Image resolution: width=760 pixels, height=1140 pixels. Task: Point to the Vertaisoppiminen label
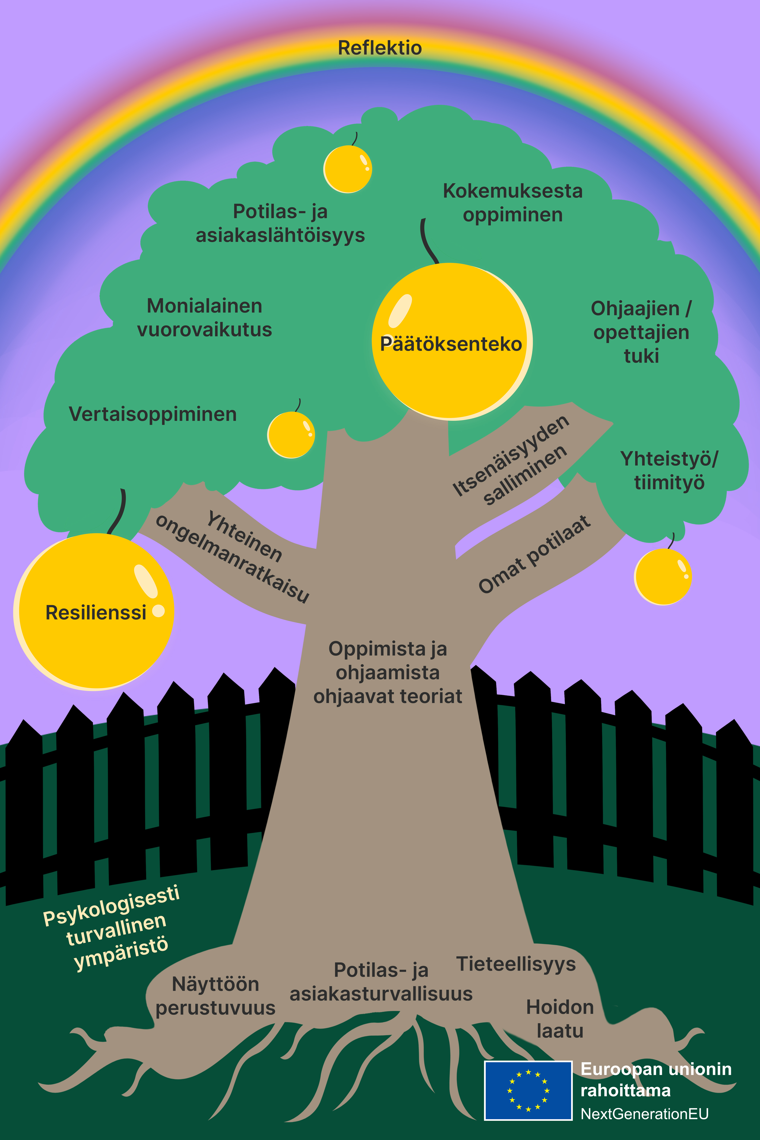click(153, 414)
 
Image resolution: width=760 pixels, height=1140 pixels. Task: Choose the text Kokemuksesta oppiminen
click(513, 203)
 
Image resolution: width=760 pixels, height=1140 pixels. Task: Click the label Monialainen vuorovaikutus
click(205, 317)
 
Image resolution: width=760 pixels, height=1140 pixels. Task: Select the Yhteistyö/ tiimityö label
click(669, 470)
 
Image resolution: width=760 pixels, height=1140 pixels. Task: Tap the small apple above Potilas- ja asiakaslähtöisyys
click(348, 169)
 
